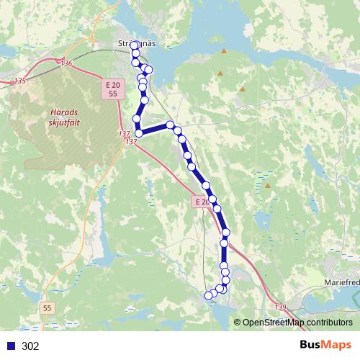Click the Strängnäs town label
pos(136,43)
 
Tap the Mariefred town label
pos(341,282)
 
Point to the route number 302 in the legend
pos(31,346)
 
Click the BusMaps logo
pos(325,345)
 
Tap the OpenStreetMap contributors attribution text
pos(297,323)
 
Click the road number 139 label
pos(279,307)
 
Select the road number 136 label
pos(66,64)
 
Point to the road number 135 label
pos(19,81)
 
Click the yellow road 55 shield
pos(48,307)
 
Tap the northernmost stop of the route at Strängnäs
pos(135,45)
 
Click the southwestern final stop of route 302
pos(209,294)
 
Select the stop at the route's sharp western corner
pos(139,132)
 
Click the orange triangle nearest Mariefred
pos(268,186)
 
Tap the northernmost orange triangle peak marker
pos(225,52)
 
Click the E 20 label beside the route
pos(202,202)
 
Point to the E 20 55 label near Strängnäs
pos(110,89)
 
